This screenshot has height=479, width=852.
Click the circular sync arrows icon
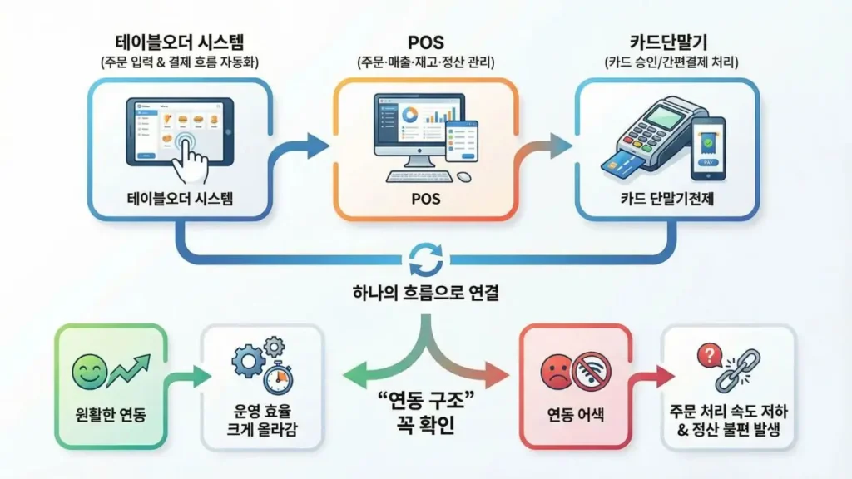click(426, 259)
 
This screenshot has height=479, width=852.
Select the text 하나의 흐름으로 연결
click(426, 294)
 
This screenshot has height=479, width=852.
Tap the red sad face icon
click(556, 371)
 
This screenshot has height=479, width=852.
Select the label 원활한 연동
click(110, 413)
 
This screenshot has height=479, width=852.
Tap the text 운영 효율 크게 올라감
click(261, 422)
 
